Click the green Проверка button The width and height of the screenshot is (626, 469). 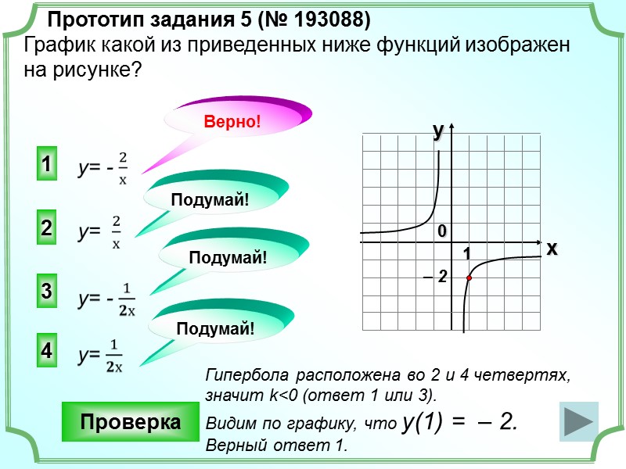pos(131,422)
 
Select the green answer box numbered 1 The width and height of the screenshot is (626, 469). pos(47,166)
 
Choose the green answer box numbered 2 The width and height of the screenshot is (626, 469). pos(47,229)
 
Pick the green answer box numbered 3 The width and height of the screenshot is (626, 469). pos(47,292)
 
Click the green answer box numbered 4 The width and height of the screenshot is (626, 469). pos(47,352)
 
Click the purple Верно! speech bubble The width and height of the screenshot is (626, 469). pos(232,121)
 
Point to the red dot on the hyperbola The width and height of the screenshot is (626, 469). pos(469,278)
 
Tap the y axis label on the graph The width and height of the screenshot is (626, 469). pos(439,131)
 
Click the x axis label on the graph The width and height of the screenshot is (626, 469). pos(552,249)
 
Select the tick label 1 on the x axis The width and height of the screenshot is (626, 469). pos(466,255)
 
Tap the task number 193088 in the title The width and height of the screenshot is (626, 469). pos(329,18)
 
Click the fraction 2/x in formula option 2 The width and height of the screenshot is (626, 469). pos(116,231)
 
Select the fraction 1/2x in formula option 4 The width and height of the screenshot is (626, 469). pos(114,356)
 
